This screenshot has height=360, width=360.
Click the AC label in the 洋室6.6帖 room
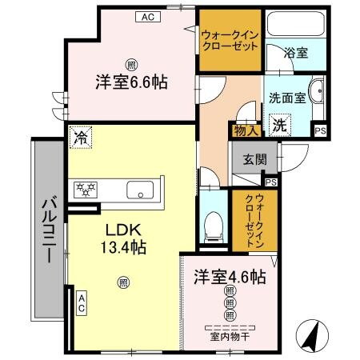coord(148,15)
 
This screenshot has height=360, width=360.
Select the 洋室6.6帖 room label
coord(132,82)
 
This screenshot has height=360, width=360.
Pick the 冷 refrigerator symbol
coord(81,138)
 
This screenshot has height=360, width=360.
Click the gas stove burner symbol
coord(85,190)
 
